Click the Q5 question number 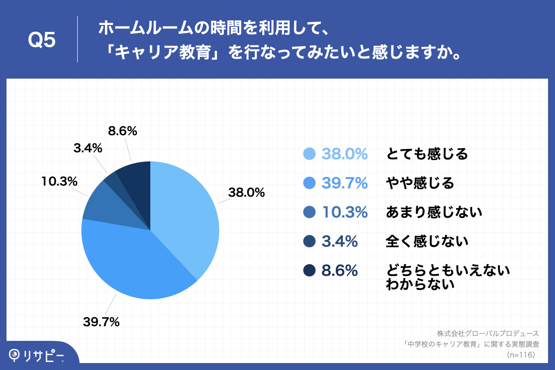tap(42, 41)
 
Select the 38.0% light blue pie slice tap(185, 213)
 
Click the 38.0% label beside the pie tap(246, 192)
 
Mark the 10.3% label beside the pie tap(59, 182)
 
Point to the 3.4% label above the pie tap(87, 148)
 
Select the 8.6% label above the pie tap(123, 131)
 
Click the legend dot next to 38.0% tap(309, 154)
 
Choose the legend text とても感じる tap(427, 154)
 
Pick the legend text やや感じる tap(420, 183)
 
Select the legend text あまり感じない tap(434, 212)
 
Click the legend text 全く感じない tap(427, 241)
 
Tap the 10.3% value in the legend tap(345, 212)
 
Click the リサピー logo tap(37, 355)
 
